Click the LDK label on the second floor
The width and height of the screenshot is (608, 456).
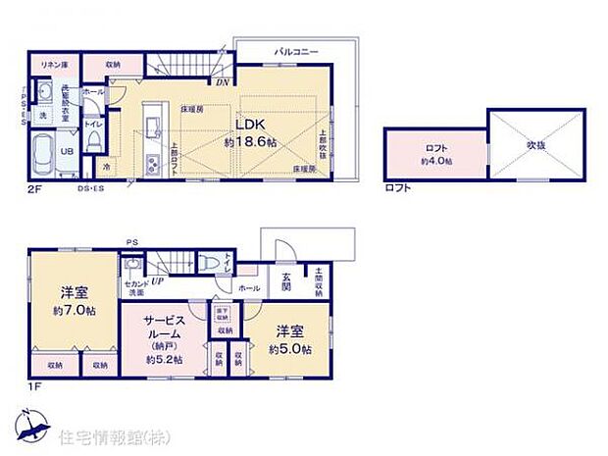[x=246, y=125]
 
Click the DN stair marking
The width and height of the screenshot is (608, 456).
[x=225, y=82]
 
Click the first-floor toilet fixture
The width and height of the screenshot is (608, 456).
[x=207, y=263]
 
